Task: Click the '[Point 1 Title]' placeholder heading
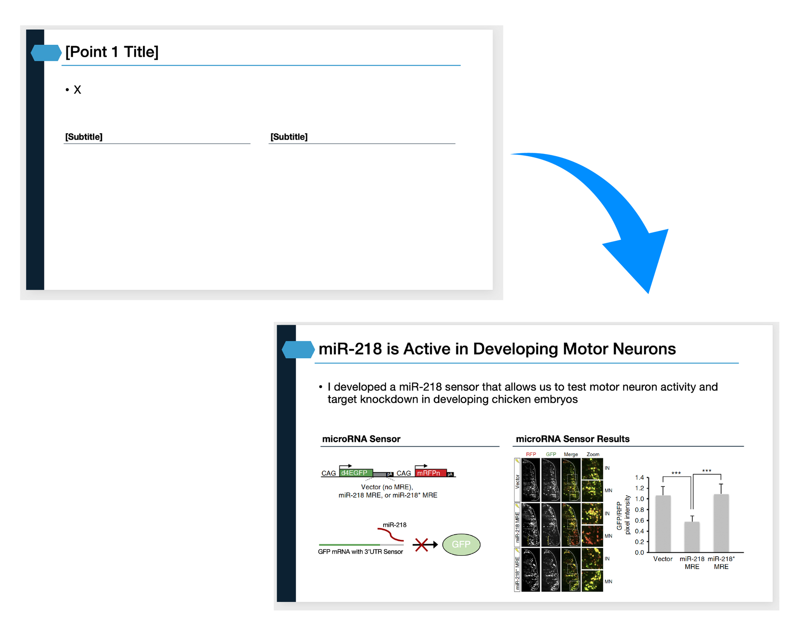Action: click(x=112, y=52)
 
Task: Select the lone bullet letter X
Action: click(x=77, y=90)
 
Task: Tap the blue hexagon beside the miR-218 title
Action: click(x=298, y=349)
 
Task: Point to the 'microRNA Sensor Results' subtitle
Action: click(x=572, y=439)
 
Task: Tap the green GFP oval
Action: click(x=461, y=544)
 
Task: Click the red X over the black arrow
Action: click(x=421, y=545)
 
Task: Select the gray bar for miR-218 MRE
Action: click(x=692, y=537)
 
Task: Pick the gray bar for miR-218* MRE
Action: click(x=721, y=523)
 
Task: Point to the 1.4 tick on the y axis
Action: click(x=639, y=478)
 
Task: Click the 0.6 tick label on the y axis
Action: click(x=639, y=521)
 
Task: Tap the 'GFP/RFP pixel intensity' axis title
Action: click(x=623, y=515)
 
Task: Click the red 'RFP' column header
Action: click(x=531, y=454)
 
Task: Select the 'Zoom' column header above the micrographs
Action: click(x=593, y=454)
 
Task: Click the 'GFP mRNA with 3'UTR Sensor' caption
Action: click(x=360, y=552)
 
